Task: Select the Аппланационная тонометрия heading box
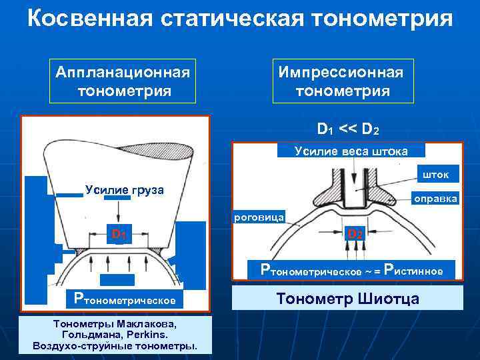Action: (123, 81)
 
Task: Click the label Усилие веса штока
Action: (351, 151)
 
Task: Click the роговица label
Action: (259, 217)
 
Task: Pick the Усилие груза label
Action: (125, 190)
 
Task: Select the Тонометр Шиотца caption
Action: (347, 298)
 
